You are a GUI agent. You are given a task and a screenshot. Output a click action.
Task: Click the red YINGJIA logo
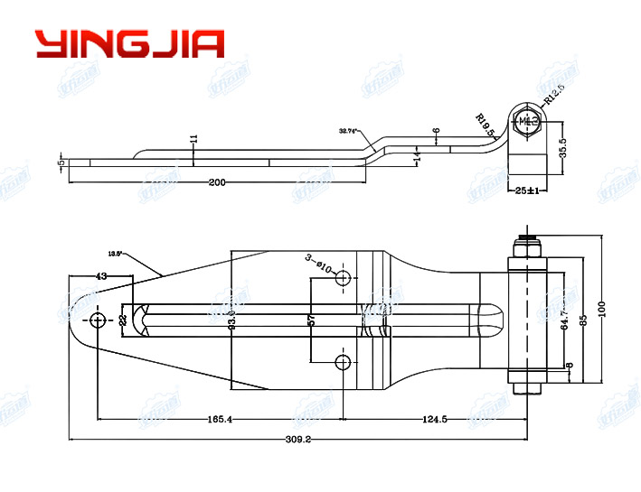(x=129, y=43)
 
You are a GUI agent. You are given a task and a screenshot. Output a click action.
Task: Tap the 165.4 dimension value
(x=219, y=419)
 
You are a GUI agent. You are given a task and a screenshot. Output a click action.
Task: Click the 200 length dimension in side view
(x=217, y=182)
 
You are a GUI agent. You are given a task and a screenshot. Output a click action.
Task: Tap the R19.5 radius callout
(x=486, y=124)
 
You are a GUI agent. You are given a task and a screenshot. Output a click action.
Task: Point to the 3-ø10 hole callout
(x=319, y=264)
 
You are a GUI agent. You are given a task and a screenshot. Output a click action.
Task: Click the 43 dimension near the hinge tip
(x=100, y=276)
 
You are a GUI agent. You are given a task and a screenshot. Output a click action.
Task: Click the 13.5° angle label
(x=115, y=254)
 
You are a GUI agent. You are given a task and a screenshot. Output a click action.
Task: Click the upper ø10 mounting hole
(x=343, y=280)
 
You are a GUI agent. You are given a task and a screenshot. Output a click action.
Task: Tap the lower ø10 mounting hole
(x=343, y=363)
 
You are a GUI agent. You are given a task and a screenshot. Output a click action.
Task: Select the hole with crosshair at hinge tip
(x=98, y=320)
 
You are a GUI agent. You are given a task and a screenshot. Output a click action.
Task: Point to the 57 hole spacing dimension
(x=312, y=320)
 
